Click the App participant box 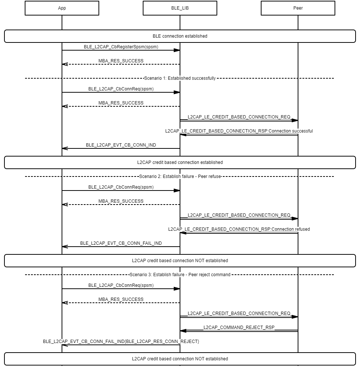[62, 8]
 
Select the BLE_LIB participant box [180, 8]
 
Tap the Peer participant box [298, 8]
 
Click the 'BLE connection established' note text [180, 36]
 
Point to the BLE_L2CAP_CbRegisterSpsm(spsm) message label [121, 47]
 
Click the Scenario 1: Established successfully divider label [180, 78]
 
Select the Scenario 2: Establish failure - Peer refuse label [180, 176]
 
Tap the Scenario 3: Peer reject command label [180, 275]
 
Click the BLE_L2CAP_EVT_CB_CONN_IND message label [121, 145]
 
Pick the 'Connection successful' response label [239, 131]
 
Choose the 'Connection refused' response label [239, 229]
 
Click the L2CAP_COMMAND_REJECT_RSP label [239, 327]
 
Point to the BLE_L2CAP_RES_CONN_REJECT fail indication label [121, 342]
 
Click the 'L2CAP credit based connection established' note [180, 162]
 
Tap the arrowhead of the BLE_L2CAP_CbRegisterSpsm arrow [177, 50]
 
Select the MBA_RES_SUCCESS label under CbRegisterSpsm [121, 61]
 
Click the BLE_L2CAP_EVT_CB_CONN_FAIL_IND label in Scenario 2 [121, 243]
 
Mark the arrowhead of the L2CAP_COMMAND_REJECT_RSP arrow [183, 331]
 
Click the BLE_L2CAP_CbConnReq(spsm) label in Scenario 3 [121, 285]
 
